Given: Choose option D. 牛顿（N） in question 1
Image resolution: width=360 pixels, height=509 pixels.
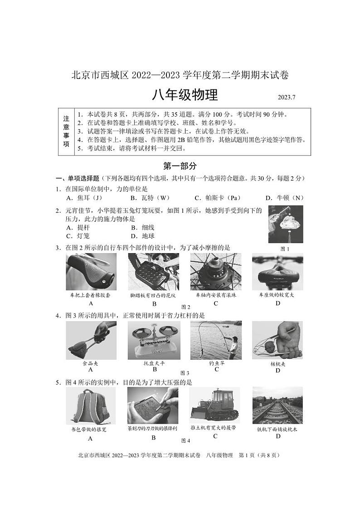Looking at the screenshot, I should pyautogui.click(x=284, y=198).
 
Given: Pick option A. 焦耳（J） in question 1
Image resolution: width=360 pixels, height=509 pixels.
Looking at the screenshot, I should pyautogui.click(x=84, y=198).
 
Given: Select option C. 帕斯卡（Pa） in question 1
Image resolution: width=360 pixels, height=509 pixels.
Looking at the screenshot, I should pyautogui.click(x=217, y=198).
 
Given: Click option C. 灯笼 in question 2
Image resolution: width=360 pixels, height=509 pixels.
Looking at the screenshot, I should pyautogui.click(x=78, y=236).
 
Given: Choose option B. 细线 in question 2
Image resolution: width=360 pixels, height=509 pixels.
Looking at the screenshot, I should pyautogui.click(x=143, y=228).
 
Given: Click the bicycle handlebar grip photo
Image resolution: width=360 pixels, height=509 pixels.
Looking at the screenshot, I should pyautogui.click(x=91, y=272).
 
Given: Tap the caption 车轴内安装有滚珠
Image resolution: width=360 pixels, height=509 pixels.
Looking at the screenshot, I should pyautogui.click(x=216, y=295).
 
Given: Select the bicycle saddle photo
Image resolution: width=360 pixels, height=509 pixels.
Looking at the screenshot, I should pyautogui.click(x=277, y=272).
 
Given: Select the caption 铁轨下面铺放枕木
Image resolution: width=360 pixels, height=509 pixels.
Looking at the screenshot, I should pyautogui.click(x=277, y=429).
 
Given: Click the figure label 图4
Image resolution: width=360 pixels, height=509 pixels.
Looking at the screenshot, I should pyautogui.click(x=185, y=440).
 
